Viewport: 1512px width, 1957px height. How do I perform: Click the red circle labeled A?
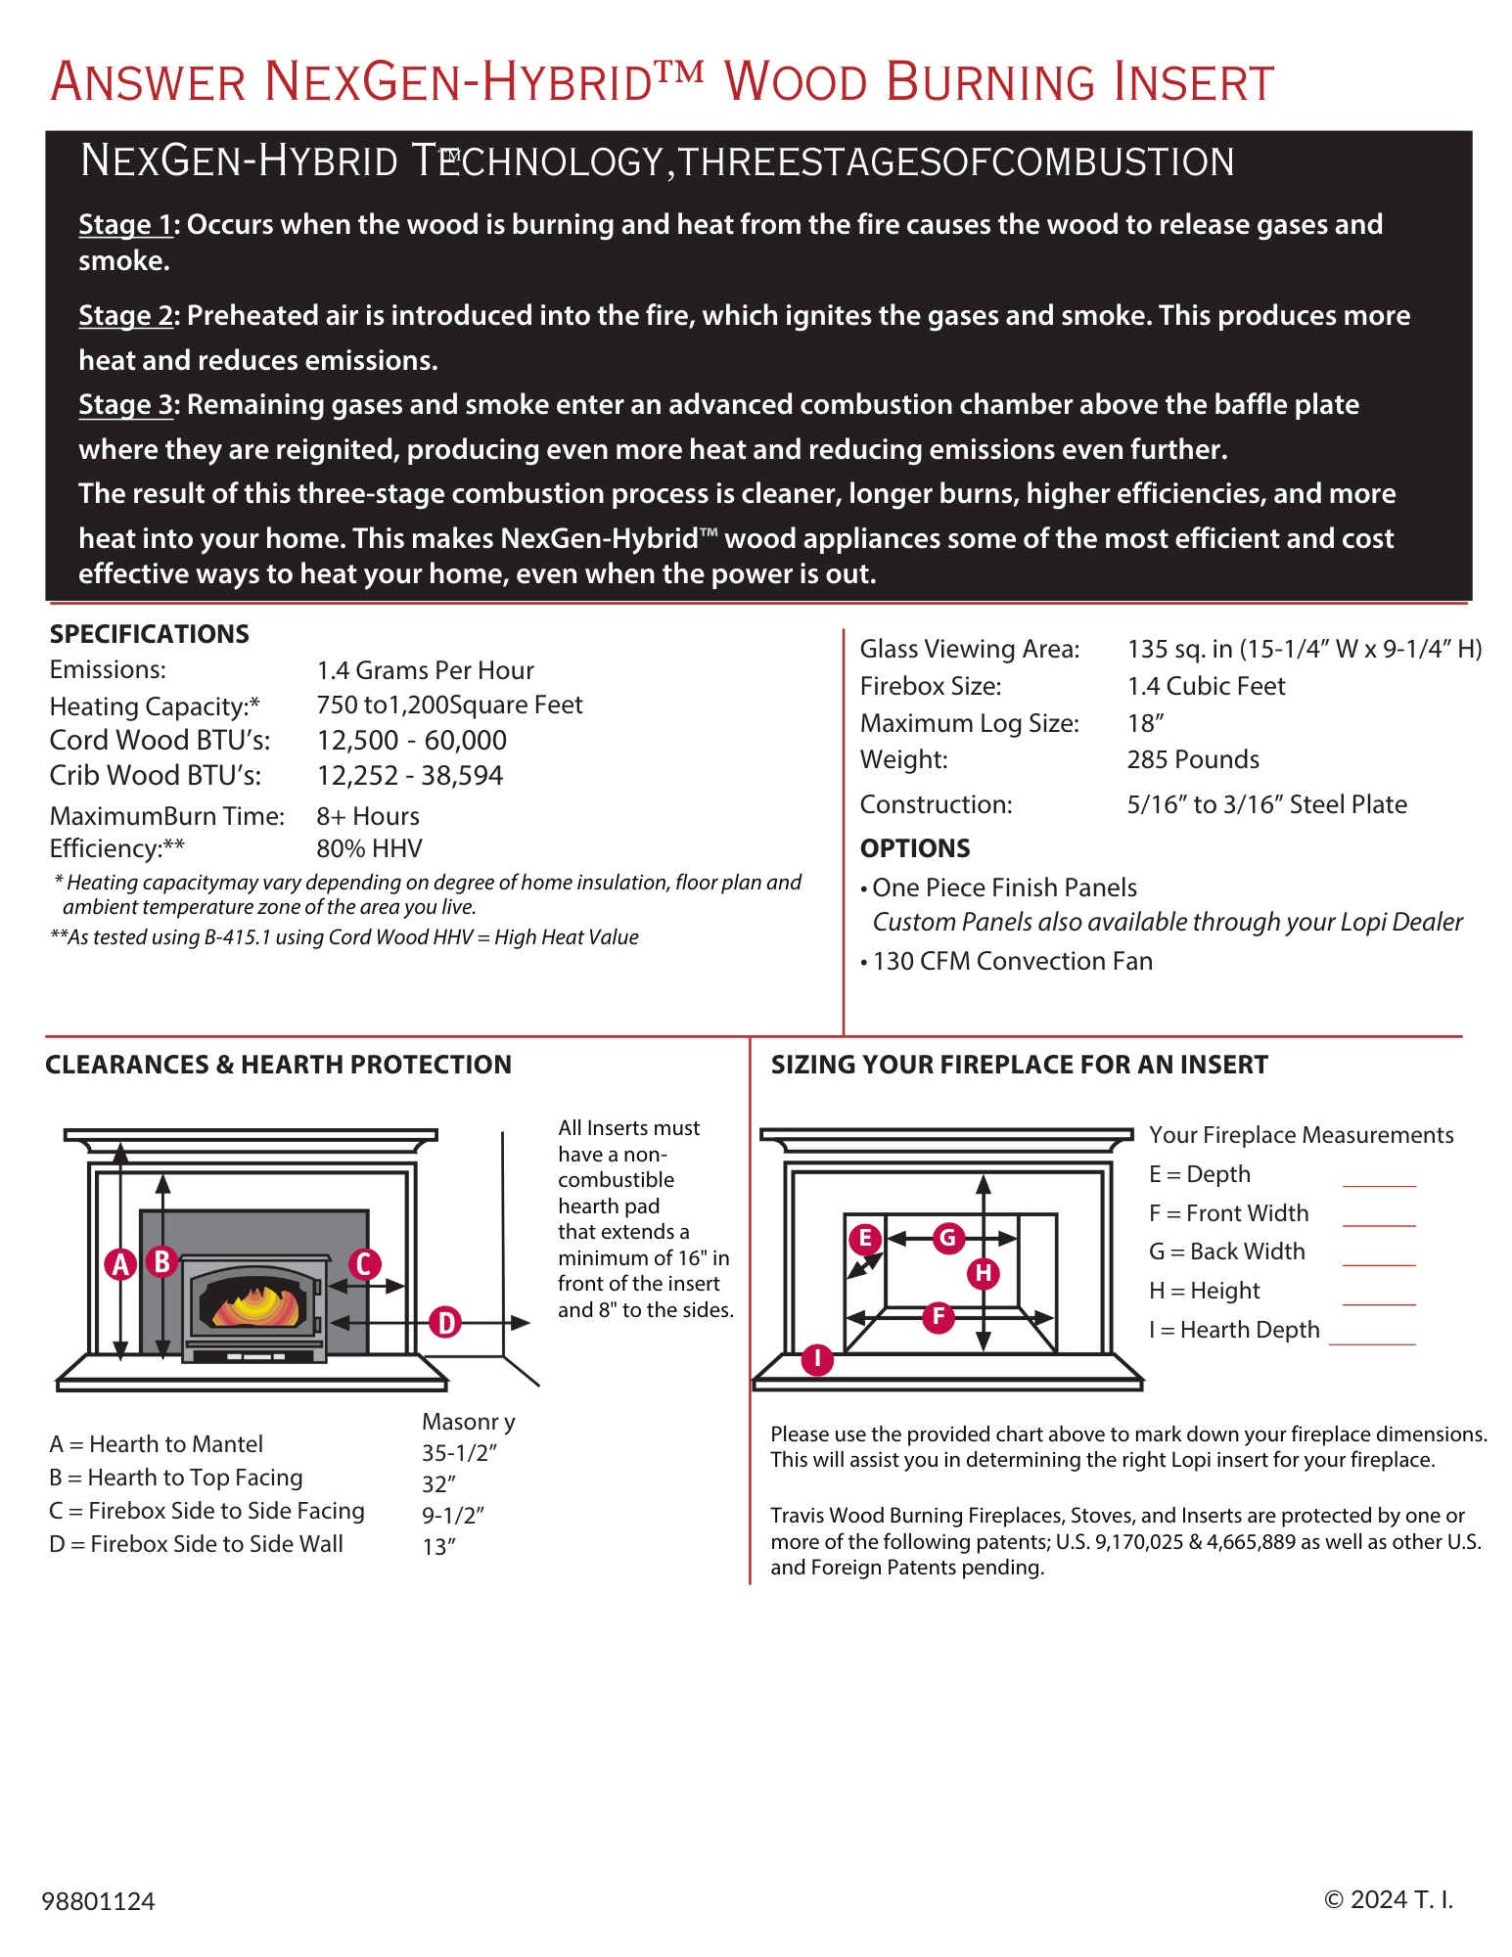tap(120, 1264)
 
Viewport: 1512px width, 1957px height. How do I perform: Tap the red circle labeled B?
tap(162, 1261)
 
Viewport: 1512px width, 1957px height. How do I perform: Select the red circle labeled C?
tap(364, 1263)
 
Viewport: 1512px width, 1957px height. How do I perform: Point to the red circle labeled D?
tap(445, 1322)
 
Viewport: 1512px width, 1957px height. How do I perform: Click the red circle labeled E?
tap(864, 1239)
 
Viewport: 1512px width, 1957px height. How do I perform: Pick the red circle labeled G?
tap(947, 1238)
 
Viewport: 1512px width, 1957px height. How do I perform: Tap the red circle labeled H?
tap(984, 1273)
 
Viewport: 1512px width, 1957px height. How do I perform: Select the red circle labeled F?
tap(939, 1316)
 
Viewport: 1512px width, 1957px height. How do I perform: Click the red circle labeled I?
tap(817, 1358)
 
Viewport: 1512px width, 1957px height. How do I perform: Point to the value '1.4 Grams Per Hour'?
tap(425, 670)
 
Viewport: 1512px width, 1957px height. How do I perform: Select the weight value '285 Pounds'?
tap(1193, 759)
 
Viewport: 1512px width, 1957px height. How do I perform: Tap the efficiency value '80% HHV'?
tap(369, 848)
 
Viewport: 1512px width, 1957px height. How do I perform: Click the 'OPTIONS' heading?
tap(915, 848)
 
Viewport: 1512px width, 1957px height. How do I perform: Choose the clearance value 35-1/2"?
tap(460, 1453)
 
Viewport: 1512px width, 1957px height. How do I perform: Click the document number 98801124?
tap(98, 1900)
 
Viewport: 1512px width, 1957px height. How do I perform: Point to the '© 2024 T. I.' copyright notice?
tap(1388, 1899)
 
